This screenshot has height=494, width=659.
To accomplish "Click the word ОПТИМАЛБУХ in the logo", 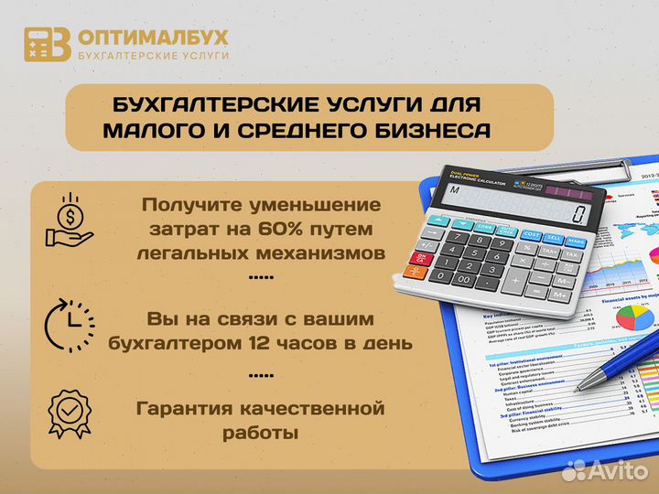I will (153, 38).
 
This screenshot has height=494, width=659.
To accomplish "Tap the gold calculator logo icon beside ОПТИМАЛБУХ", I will (47, 44).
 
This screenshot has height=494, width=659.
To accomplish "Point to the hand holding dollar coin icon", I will (68, 221).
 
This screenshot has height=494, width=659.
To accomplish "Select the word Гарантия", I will (179, 407).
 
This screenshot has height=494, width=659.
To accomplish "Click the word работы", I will (260, 432).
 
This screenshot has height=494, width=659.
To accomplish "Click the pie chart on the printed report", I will (634, 317).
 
